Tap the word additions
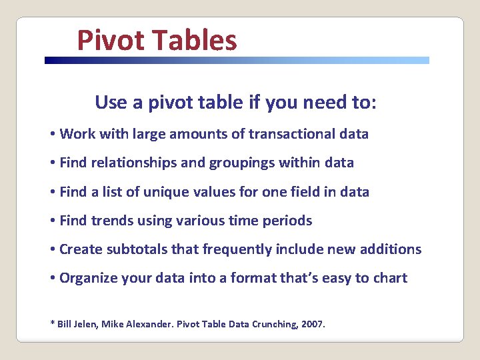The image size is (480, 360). tap(390, 249)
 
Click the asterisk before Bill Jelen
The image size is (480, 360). tap(53, 323)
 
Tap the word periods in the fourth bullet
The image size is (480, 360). tap(288, 221)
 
